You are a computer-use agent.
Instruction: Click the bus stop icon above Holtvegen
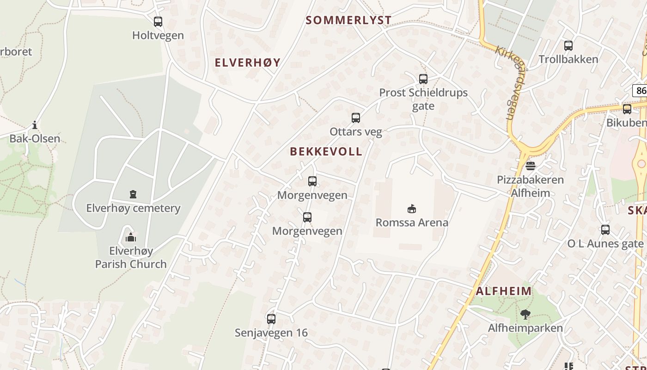158,21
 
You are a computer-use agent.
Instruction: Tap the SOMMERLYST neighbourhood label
349,20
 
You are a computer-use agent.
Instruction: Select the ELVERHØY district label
248,63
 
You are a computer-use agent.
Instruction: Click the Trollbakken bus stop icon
568,45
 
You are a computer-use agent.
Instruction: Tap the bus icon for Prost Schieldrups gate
423,79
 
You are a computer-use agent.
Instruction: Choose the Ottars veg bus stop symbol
356,118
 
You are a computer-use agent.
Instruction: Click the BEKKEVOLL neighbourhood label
326,152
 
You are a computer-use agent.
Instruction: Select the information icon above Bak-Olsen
35,125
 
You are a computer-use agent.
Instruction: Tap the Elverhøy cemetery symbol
133,194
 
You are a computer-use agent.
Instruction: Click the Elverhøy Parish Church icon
131,237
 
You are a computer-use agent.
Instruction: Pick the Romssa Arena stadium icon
412,209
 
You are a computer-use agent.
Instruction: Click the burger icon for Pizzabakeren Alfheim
531,166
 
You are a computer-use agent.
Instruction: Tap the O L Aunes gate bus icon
605,229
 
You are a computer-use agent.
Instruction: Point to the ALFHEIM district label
504,291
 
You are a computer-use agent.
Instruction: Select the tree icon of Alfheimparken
525,314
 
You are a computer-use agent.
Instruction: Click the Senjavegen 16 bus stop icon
271,319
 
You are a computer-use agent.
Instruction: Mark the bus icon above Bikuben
627,109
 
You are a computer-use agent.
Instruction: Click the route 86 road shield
640,90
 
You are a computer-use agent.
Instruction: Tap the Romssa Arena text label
412,222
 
